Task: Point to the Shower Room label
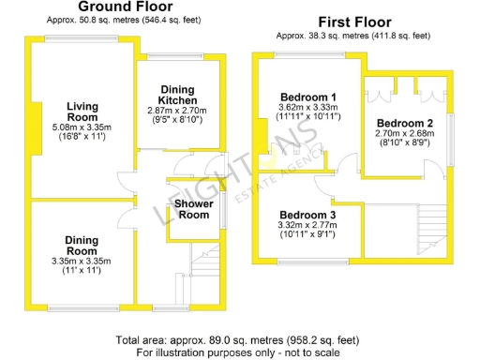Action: coord(194,208)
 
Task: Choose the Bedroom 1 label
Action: coord(308,97)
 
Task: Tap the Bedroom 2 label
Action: coord(404,124)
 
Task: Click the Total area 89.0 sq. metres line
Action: coord(236,339)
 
